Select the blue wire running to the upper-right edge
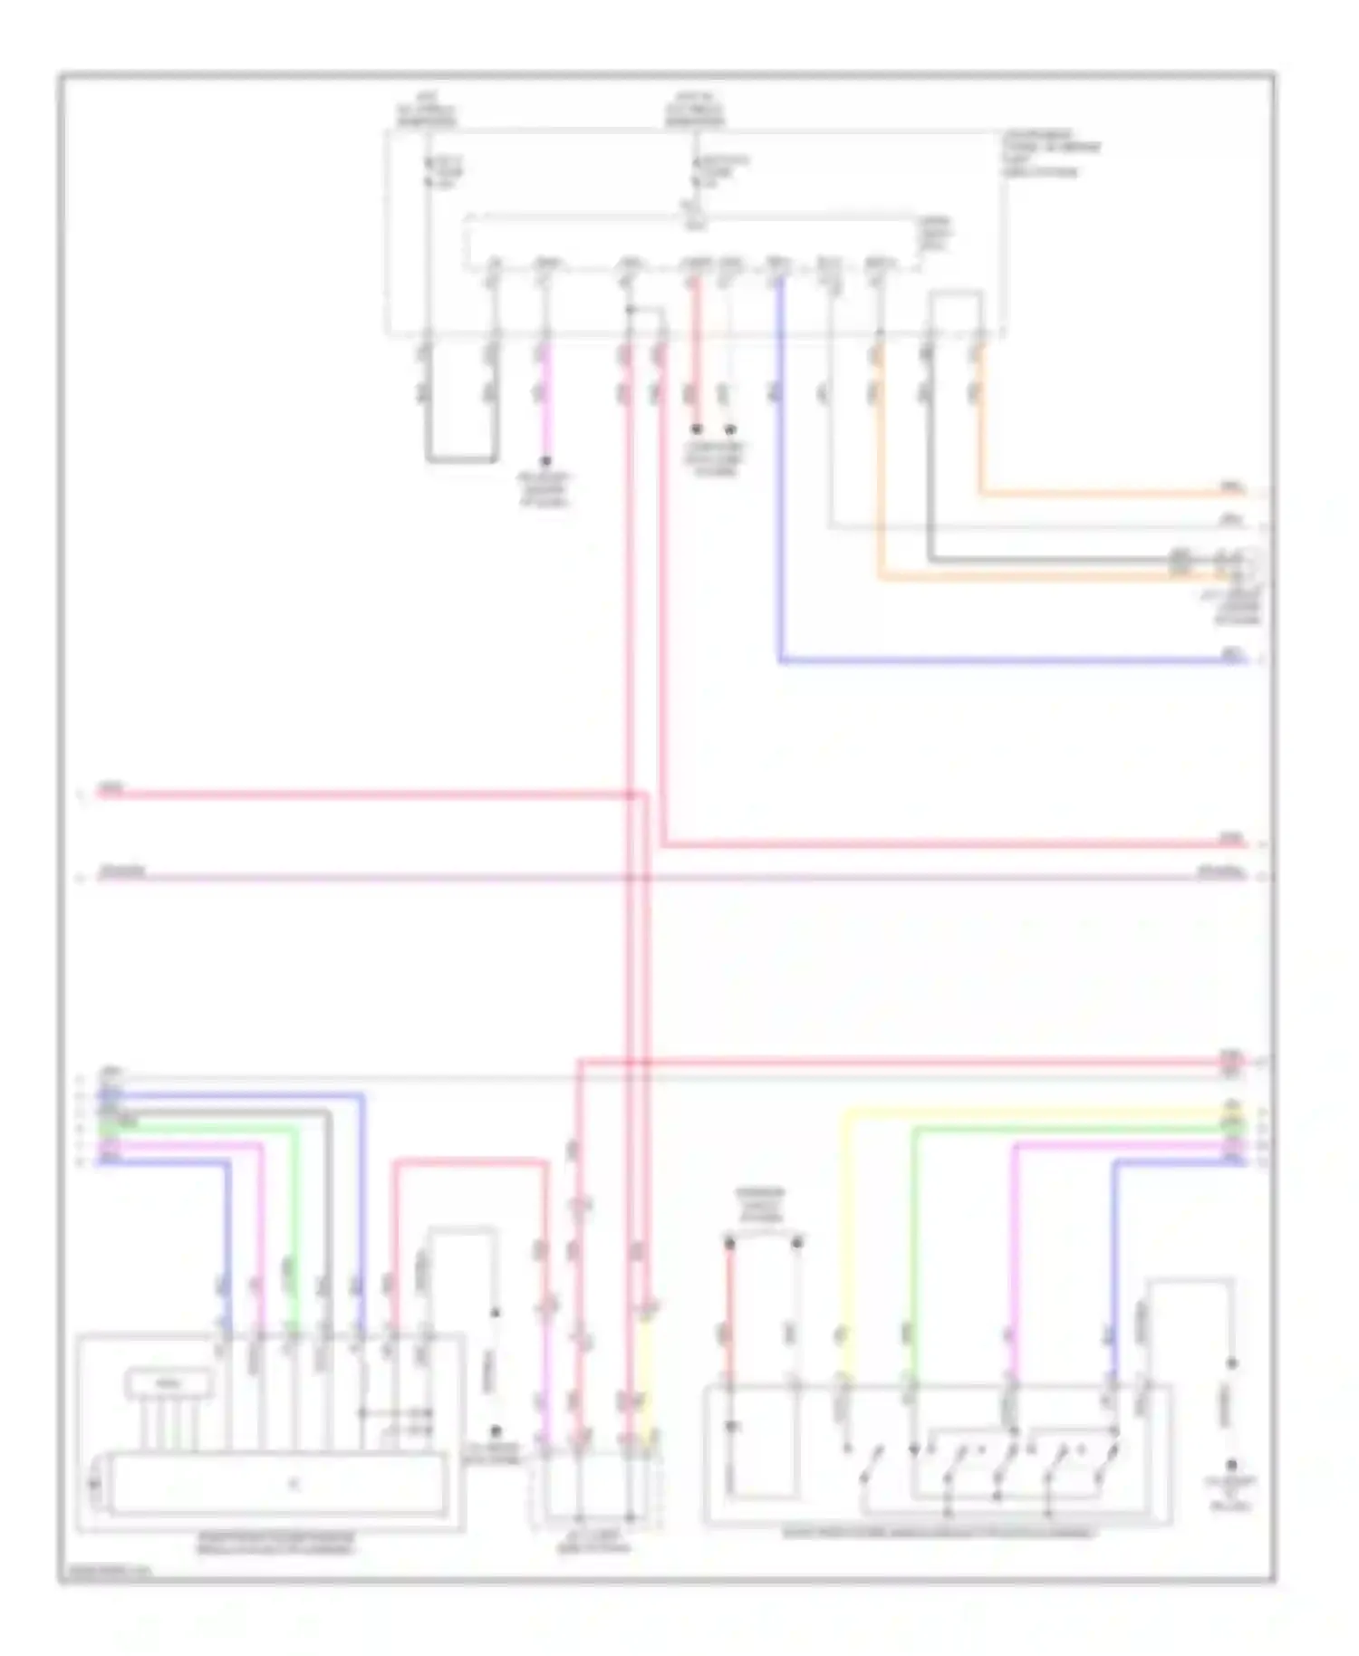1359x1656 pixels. [997, 661]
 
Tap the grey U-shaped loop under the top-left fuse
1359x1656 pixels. [461, 460]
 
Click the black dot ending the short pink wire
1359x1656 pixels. [545, 462]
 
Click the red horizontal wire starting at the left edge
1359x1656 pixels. [362, 794]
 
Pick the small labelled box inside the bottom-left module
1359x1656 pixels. [169, 1383]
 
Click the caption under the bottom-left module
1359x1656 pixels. [275, 1542]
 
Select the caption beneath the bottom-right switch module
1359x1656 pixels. [939, 1533]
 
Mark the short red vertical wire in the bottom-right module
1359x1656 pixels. [729, 1314]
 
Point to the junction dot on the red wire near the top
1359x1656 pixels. [631, 310]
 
